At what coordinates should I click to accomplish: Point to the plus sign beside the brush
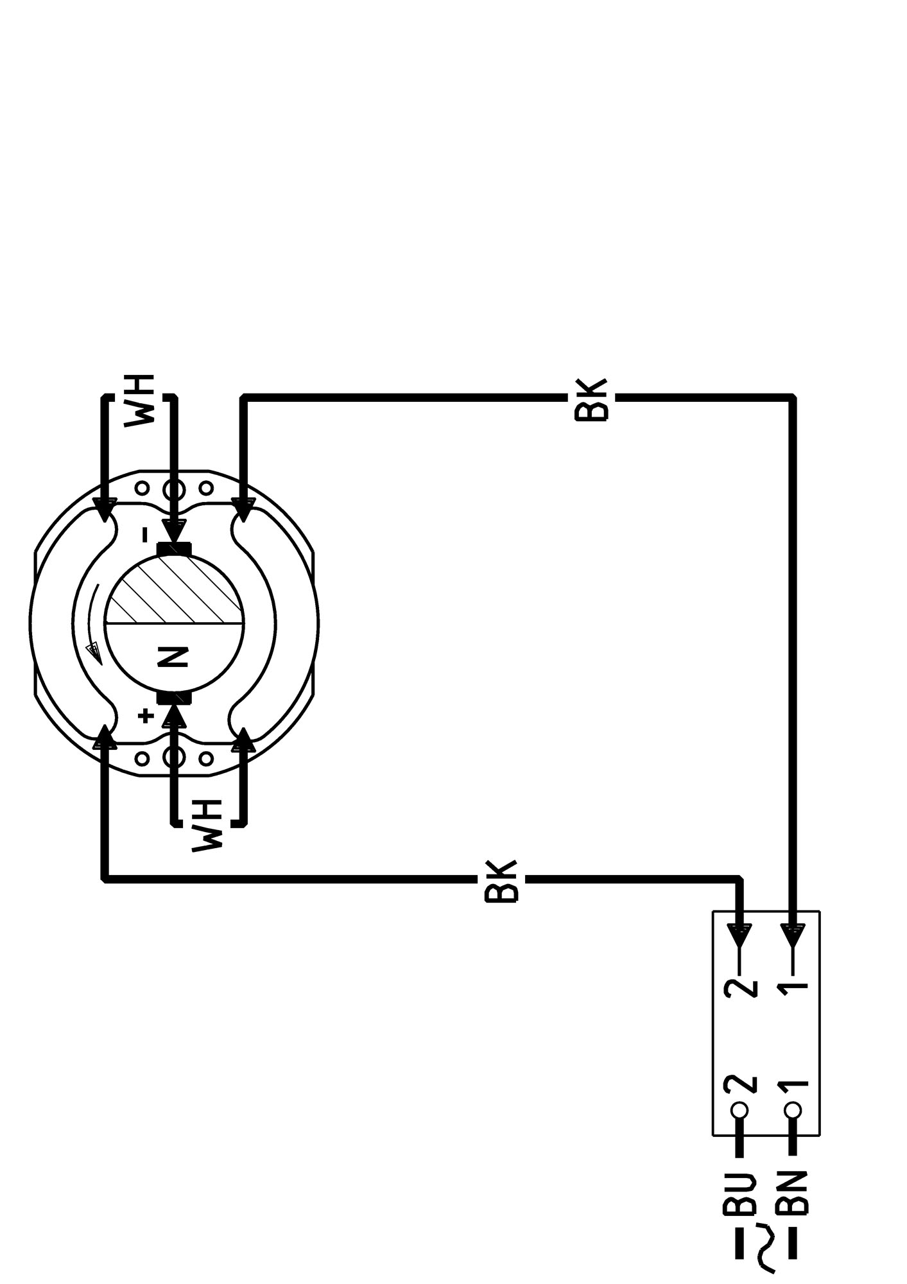coord(146,715)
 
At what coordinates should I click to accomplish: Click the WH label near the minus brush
coord(140,400)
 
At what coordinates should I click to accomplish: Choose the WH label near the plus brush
coord(207,826)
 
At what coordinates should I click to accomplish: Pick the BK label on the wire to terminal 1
coord(591,400)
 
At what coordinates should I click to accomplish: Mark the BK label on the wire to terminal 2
coord(501,880)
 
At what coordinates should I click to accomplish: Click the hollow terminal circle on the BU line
coord(739,1110)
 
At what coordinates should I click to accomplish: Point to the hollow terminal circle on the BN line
coord(793,1110)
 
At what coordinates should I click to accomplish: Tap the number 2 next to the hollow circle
coord(739,1085)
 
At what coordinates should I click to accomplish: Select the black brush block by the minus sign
coord(174,550)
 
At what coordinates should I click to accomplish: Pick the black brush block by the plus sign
coord(174,698)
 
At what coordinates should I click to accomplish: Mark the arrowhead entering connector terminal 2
coord(739,935)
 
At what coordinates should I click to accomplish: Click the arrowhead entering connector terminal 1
coord(793,935)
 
